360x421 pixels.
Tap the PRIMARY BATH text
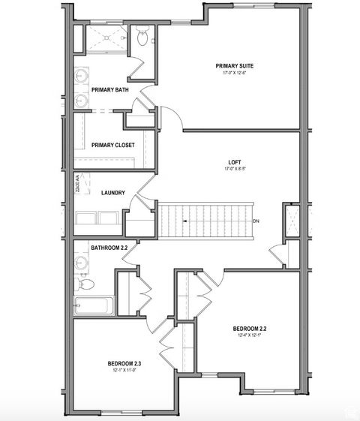109,90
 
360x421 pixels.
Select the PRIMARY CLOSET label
112,145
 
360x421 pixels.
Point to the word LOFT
235,161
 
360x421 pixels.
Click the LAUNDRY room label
112,193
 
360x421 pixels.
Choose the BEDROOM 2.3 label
125,363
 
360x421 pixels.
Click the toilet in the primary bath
145,35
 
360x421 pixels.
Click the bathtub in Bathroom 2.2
94,306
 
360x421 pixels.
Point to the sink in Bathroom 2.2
81,263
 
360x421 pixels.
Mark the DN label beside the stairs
256,221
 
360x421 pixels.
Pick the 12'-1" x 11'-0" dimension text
125,371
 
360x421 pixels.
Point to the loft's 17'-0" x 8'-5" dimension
235,169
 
